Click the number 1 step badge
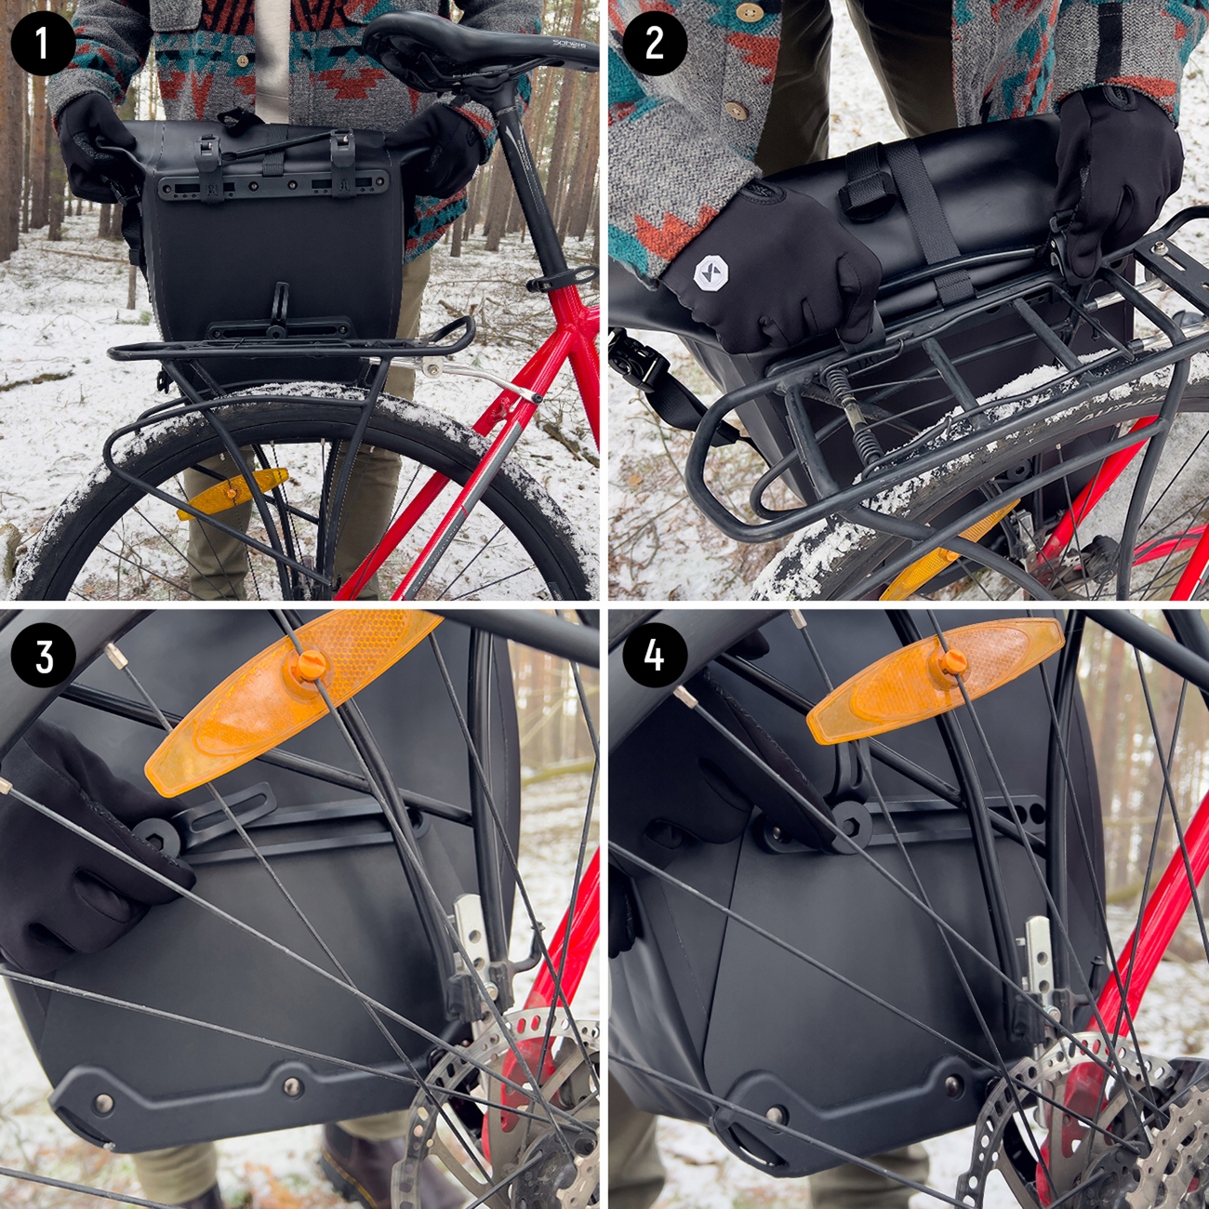point(43,43)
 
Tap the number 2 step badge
point(654,43)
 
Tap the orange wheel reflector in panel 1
point(232,492)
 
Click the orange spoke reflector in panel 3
point(288,702)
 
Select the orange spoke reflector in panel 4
point(935,679)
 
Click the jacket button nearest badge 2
point(736,111)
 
